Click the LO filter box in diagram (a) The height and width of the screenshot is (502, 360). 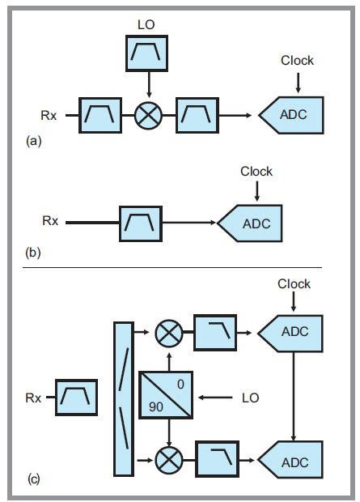point(146,53)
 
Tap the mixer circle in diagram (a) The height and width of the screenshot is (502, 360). point(147,116)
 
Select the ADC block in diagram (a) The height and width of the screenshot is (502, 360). point(294,115)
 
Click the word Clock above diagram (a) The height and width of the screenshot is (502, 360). point(297,61)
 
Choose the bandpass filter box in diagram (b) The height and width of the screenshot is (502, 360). point(141,221)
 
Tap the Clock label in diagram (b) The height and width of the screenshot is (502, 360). point(256,172)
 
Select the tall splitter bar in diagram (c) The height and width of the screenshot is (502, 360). point(124,398)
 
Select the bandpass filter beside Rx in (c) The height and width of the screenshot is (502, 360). point(77,398)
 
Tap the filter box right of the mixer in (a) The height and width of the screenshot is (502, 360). point(197,116)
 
